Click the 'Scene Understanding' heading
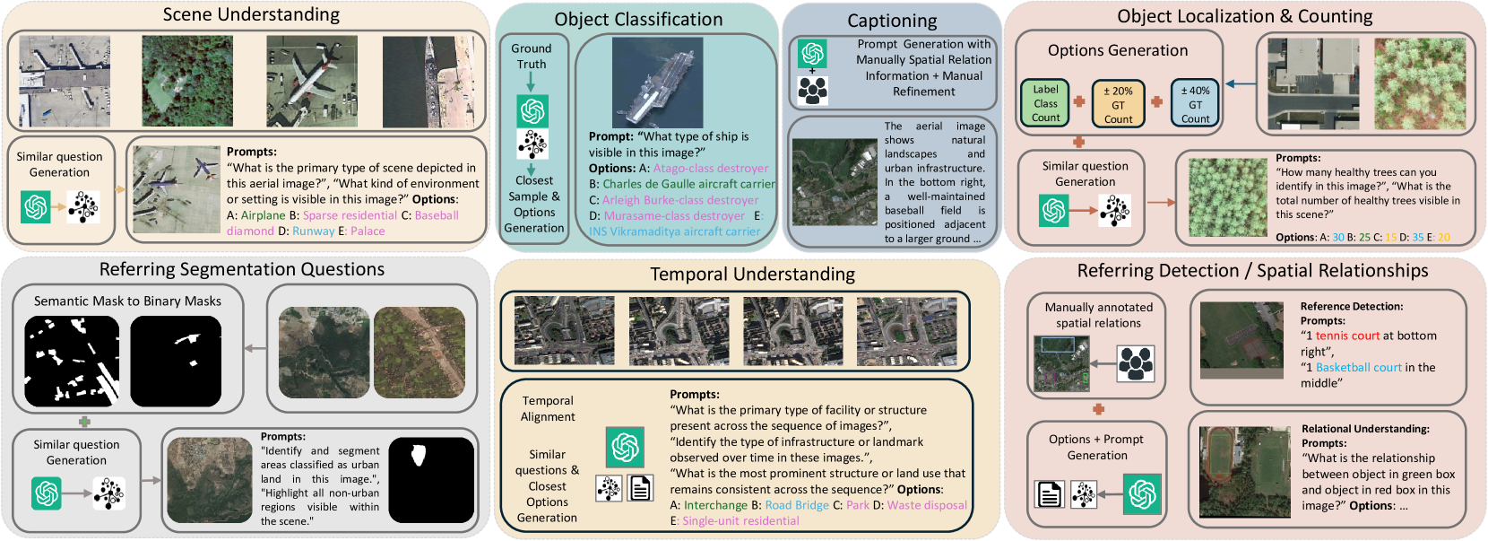pos(251,14)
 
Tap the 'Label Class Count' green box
pos(1045,104)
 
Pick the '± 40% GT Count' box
pos(1195,104)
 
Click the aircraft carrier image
pos(657,82)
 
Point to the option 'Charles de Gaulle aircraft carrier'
pos(688,184)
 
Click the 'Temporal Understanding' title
pos(753,274)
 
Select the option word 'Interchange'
pos(715,505)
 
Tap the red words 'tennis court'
pos(1348,336)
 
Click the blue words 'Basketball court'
pos(1358,368)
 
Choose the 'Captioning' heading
pos(892,21)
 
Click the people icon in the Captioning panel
pos(812,91)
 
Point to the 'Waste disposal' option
pos(928,505)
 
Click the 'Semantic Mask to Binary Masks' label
pos(127,301)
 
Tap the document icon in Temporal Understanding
pos(640,488)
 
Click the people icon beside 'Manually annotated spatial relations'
pos(1136,363)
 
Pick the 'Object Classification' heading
pos(638,19)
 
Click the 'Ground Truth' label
pos(532,57)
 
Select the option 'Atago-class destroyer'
pos(711,168)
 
